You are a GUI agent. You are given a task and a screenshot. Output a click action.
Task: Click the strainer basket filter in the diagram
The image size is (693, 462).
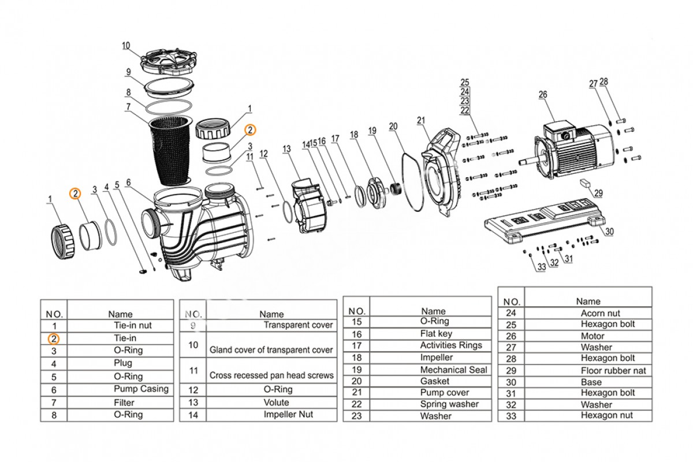click(170, 150)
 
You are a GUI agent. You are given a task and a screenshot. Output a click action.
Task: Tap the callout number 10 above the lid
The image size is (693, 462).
click(126, 46)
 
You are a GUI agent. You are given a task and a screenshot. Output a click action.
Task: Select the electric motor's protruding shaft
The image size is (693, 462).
click(530, 162)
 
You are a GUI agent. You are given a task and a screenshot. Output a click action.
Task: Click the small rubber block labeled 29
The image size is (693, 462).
click(585, 182)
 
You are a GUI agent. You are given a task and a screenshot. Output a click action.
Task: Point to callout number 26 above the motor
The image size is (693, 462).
click(543, 94)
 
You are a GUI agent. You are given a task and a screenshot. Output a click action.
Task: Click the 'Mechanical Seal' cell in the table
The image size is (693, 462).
click(453, 370)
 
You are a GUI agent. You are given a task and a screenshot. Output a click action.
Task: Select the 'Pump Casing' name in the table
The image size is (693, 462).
click(141, 389)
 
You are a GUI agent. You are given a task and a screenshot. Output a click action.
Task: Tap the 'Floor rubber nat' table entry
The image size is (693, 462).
click(613, 371)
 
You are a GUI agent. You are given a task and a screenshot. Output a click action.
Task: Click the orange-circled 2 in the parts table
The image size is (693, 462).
click(54, 339)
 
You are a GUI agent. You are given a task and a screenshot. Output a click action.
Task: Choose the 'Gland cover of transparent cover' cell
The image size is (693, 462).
click(271, 350)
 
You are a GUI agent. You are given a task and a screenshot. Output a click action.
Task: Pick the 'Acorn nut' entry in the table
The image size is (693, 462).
click(600, 313)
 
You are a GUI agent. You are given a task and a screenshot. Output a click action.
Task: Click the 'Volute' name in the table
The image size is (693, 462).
click(276, 403)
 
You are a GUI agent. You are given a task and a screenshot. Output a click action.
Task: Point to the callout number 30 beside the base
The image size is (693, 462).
click(609, 232)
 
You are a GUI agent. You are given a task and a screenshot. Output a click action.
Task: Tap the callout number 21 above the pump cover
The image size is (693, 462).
click(421, 120)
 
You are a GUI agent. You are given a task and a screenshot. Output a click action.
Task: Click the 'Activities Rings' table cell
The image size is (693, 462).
click(451, 345)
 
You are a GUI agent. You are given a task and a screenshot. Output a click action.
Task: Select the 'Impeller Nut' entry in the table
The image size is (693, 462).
click(288, 414)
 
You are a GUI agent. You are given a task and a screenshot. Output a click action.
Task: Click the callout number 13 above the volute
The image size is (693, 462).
click(287, 149)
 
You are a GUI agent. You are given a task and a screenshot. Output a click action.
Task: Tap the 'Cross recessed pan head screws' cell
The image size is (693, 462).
click(271, 375)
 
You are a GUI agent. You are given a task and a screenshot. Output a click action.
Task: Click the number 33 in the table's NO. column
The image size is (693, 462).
click(511, 416)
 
